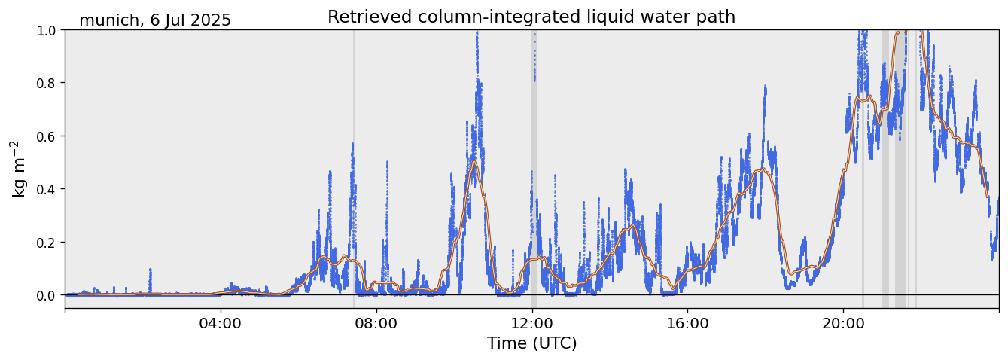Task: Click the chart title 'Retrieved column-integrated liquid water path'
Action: (531, 17)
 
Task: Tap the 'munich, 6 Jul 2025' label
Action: (155, 20)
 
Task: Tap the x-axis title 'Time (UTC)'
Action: (531, 344)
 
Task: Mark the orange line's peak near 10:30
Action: (474, 161)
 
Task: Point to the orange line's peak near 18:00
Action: (763, 169)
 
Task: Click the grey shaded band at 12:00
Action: (534, 188)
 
